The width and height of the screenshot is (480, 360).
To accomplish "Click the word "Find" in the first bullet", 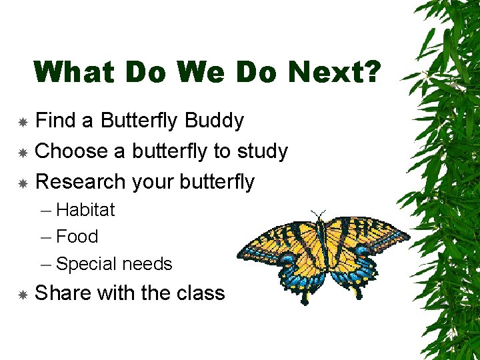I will pos(55,121).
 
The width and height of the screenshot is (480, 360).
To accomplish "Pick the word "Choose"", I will pos(72,151).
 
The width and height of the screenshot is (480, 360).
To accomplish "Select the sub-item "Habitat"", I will pos(85,209).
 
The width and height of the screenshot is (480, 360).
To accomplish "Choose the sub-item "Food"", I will pos(77,237).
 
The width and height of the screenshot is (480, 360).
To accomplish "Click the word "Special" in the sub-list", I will pos(85,264).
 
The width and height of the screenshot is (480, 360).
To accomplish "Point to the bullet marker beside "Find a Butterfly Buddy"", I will pos(22,122).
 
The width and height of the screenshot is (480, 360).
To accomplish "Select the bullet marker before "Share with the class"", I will pos(22,294).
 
